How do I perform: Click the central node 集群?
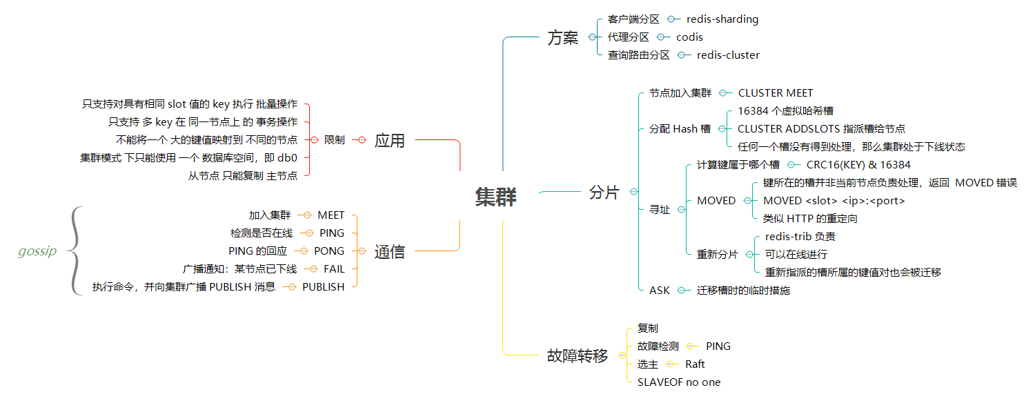pyautogui.click(x=495, y=197)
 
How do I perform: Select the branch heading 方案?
pyautogui.click(x=562, y=38)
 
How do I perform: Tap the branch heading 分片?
pyautogui.click(x=604, y=193)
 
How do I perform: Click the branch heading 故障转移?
pyautogui.click(x=578, y=355)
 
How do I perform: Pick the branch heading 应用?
pyautogui.click(x=389, y=140)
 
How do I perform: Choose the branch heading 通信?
pyautogui.click(x=389, y=252)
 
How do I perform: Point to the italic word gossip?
pyautogui.click(x=37, y=251)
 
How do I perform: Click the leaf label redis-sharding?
pyautogui.click(x=722, y=19)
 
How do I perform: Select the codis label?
pyautogui.click(x=689, y=37)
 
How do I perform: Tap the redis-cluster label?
pyautogui.click(x=728, y=55)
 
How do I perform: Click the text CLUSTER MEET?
pyautogui.click(x=776, y=92)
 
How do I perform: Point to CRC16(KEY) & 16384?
pyautogui.click(x=858, y=164)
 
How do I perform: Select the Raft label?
pyautogui.click(x=695, y=364)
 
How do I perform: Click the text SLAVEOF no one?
pyautogui.click(x=679, y=382)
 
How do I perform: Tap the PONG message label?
pyautogui.click(x=329, y=251)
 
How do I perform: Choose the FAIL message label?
pyautogui.click(x=334, y=269)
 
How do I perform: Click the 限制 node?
pyautogui.click(x=334, y=140)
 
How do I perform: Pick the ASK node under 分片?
pyautogui.click(x=659, y=291)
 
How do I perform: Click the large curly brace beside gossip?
pyautogui.click(x=76, y=251)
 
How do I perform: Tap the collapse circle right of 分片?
pyautogui.click(x=633, y=193)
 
